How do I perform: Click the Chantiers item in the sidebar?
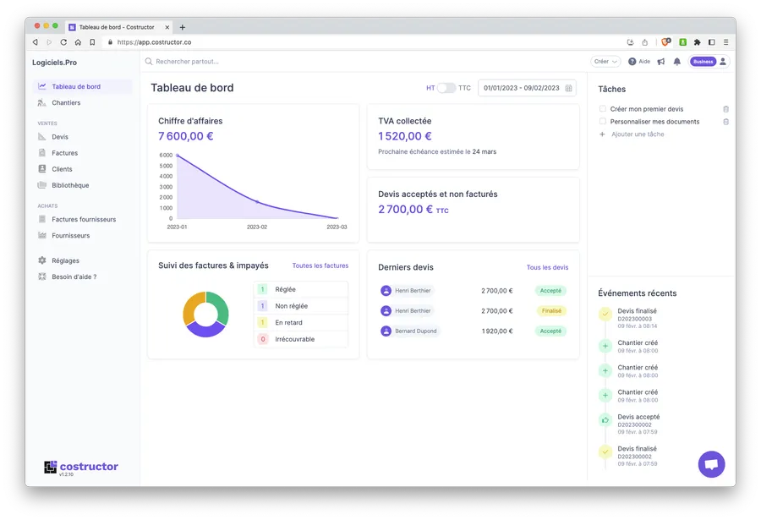click(x=66, y=103)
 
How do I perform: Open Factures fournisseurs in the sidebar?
click(x=84, y=219)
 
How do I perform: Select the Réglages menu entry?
click(x=65, y=260)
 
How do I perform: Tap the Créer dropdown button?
click(x=605, y=62)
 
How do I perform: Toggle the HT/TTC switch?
click(x=446, y=88)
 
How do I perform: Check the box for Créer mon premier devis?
click(x=603, y=109)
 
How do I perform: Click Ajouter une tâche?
click(x=638, y=134)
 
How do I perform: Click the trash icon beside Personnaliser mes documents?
click(x=725, y=122)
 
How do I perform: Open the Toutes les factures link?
click(x=320, y=265)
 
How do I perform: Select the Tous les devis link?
click(x=547, y=267)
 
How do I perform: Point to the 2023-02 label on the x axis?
click(x=256, y=227)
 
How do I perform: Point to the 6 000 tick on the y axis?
click(x=165, y=156)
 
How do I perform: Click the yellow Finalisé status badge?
click(x=550, y=311)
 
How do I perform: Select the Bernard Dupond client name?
click(x=415, y=331)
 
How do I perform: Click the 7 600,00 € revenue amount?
click(x=185, y=136)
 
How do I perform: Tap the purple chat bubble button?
click(x=711, y=464)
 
